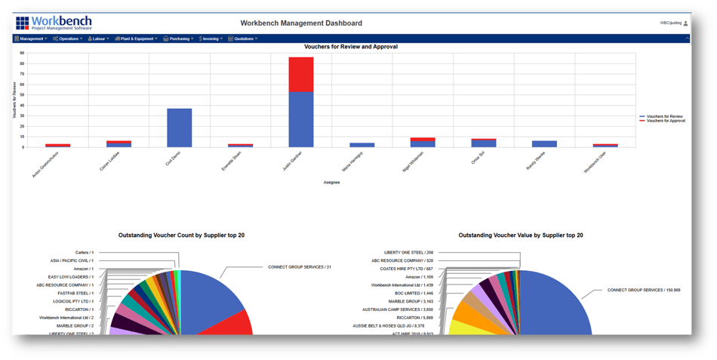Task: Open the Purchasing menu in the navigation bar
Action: pyautogui.click(x=179, y=38)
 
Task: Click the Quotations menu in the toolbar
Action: pyautogui.click(x=244, y=38)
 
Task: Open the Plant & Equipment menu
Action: pyautogui.click(x=137, y=38)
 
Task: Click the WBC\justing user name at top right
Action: pyautogui.click(x=670, y=23)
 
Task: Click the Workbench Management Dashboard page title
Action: pyautogui.click(x=301, y=23)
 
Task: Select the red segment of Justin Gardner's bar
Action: pyautogui.click(x=301, y=74)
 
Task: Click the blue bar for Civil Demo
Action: pyautogui.click(x=179, y=128)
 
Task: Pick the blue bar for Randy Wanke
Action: pyautogui.click(x=544, y=143)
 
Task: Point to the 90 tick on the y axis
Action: pyautogui.click(x=23, y=54)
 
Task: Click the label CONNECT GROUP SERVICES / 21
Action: pyautogui.click(x=300, y=267)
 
